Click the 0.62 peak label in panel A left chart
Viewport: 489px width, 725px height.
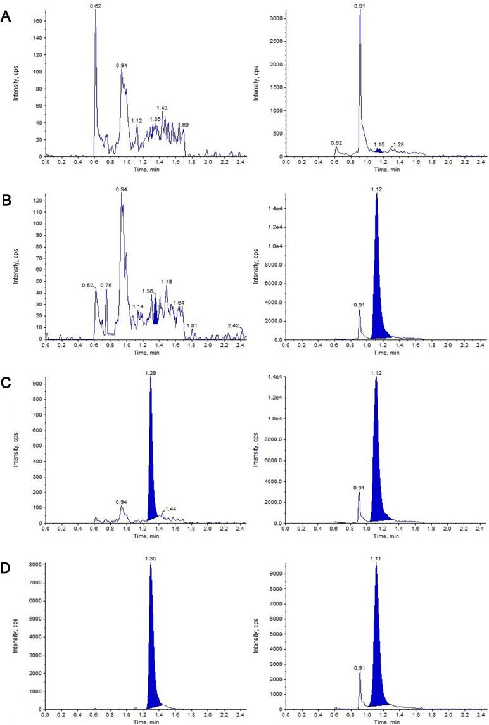(x=96, y=6)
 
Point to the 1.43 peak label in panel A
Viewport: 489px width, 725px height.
(x=162, y=108)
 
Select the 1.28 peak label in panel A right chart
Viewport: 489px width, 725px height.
(x=398, y=144)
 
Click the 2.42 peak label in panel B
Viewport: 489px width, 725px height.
(x=234, y=325)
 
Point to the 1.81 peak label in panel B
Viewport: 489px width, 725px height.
(x=193, y=325)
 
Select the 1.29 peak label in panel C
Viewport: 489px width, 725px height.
(x=150, y=374)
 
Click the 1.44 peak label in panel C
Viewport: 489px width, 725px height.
(x=170, y=509)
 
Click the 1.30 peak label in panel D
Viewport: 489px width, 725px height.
(x=151, y=558)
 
